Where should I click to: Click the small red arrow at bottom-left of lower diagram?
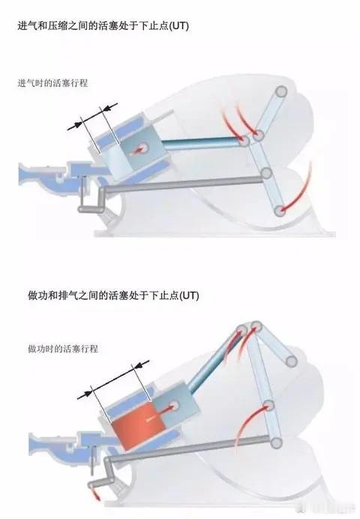point(94,495)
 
